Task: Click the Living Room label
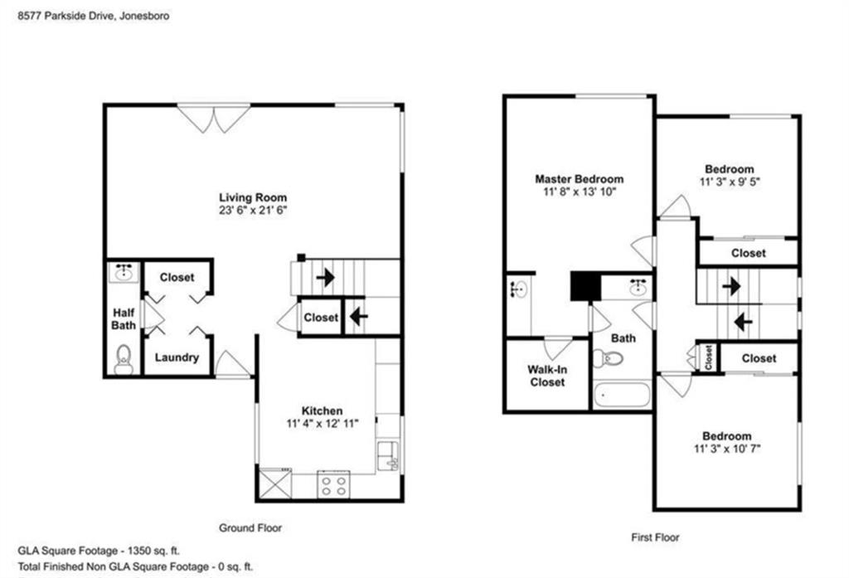253,197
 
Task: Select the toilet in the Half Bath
124,359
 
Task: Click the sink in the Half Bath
124,272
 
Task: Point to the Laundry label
177,358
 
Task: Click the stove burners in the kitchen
334,485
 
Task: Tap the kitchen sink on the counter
387,454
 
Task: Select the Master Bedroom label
579,179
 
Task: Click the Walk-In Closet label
547,376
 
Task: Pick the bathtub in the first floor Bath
622,394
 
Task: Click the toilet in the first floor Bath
614,359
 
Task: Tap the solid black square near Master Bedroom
585,287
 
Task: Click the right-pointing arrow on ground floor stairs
326,277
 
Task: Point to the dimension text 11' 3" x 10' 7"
726,449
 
